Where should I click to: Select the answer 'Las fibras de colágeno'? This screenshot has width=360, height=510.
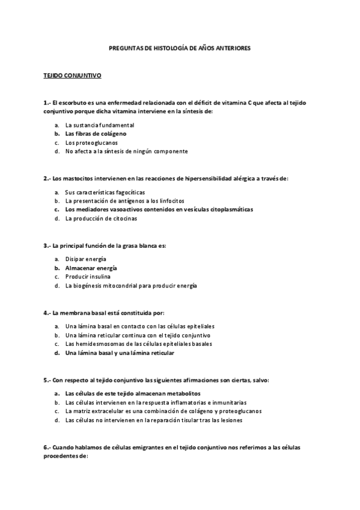tap(96, 134)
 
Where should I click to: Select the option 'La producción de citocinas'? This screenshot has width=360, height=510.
tap(101, 218)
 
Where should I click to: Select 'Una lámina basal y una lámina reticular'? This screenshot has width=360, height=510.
tap(120, 353)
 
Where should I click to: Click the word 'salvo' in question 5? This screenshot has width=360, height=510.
tap(260, 381)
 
